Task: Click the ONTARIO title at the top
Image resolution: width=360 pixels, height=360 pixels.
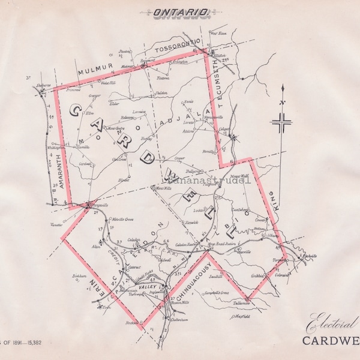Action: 180,11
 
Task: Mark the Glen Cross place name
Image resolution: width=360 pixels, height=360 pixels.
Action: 119,160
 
